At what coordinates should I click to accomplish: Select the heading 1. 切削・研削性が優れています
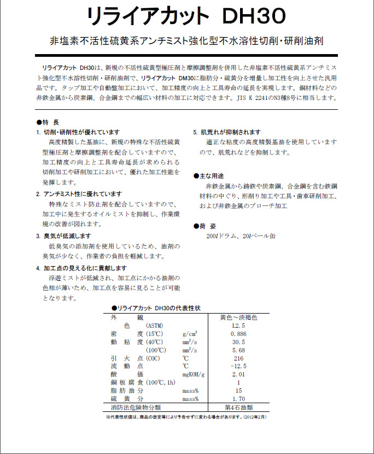(x=77, y=133)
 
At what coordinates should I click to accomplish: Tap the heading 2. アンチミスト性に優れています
(x=79, y=194)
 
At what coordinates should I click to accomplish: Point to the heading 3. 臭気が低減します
(x=63, y=236)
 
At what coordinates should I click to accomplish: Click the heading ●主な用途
(x=209, y=176)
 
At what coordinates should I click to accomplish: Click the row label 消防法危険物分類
(x=136, y=408)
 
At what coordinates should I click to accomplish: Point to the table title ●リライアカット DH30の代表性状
(x=156, y=308)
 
